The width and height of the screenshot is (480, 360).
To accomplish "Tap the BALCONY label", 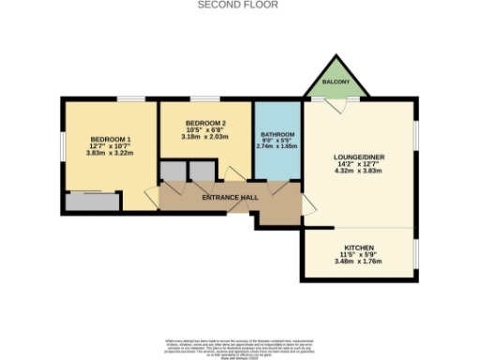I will coord(337,83).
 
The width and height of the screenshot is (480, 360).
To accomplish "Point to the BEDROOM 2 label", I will coord(205,124).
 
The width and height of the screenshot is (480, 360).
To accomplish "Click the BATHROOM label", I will coord(277,134).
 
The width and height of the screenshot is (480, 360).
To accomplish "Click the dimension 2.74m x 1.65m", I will coord(277,148).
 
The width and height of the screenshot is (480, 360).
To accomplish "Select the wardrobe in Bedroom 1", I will coord(91,201).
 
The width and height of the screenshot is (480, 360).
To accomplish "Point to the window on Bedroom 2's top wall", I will coord(204,98).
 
